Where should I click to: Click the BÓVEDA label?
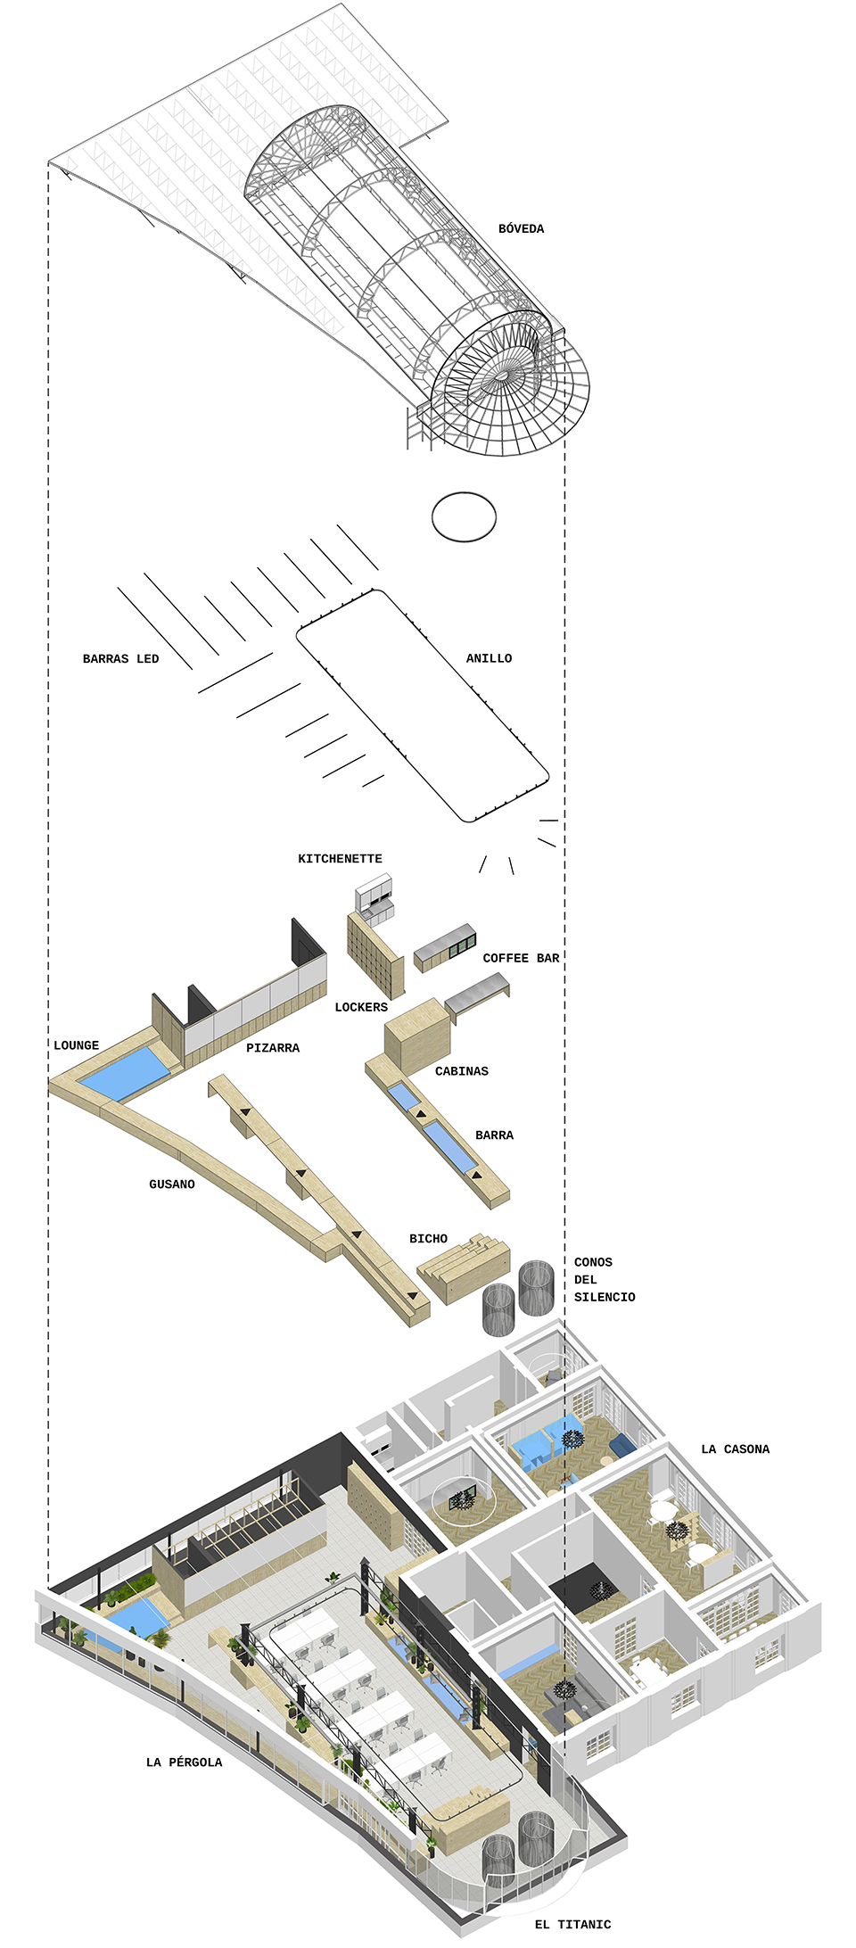click(521, 229)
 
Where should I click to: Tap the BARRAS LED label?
click(120, 659)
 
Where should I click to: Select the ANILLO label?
click(489, 658)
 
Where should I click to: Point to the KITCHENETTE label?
click(340, 859)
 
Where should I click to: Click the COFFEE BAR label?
click(521, 958)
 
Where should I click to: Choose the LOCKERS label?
click(361, 1007)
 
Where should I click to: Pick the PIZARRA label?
click(273, 1048)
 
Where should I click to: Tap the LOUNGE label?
click(76, 1045)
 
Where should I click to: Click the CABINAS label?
click(461, 1071)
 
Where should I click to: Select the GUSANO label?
click(171, 1184)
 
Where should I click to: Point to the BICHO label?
click(428, 1239)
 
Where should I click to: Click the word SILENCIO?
click(605, 1297)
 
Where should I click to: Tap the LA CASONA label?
click(735, 1449)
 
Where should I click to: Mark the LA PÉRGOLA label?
click(184, 1762)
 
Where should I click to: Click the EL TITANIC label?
click(572, 1925)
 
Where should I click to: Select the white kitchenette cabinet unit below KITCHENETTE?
click(374, 897)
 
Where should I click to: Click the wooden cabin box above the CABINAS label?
click(416, 1035)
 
